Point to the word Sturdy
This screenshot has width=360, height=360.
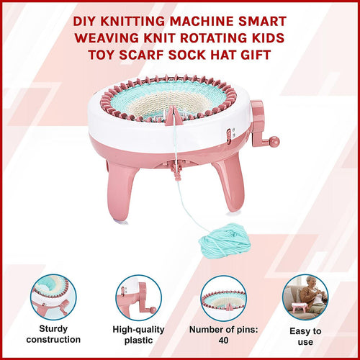(x=53, y=328)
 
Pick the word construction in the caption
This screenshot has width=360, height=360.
(x=53, y=339)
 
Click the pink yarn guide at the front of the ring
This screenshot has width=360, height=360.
(x=174, y=116)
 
